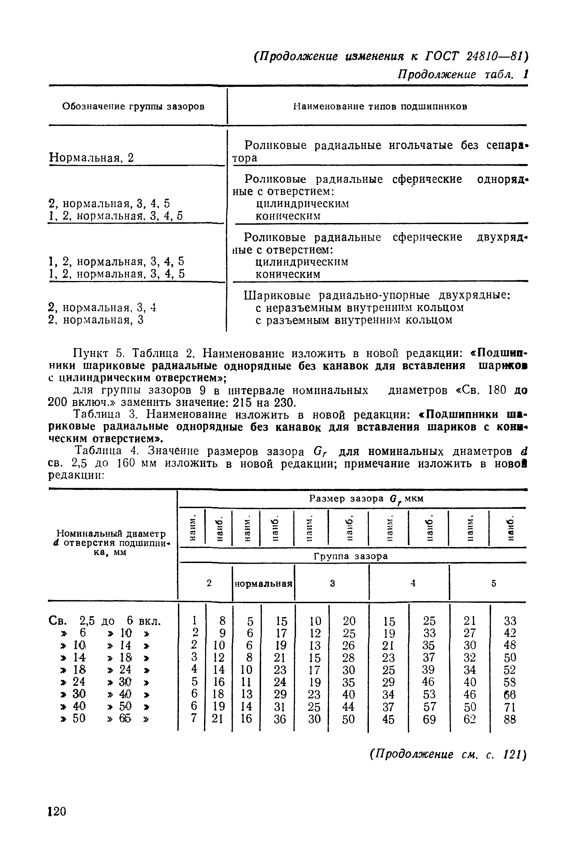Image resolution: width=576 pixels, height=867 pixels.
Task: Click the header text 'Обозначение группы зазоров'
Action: click(x=133, y=106)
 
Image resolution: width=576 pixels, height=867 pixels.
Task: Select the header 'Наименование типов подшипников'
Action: click(x=380, y=106)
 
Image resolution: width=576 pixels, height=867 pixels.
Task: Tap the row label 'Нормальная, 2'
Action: click(x=91, y=158)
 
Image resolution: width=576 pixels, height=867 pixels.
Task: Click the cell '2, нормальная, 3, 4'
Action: click(x=102, y=307)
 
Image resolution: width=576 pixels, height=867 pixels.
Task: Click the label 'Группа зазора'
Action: click(x=351, y=556)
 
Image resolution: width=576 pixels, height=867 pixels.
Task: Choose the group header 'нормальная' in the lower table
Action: click(x=263, y=583)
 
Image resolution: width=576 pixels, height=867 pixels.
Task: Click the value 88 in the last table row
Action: click(x=509, y=719)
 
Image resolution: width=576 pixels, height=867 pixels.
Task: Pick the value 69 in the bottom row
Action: click(x=429, y=719)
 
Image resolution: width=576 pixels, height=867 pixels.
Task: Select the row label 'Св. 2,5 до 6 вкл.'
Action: click(x=105, y=621)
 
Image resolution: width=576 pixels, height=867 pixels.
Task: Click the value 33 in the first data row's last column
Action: click(x=510, y=621)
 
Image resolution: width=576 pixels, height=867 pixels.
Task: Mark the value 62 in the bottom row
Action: click(x=470, y=719)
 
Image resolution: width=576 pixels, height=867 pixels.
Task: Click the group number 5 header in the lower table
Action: click(x=493, y=583)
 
